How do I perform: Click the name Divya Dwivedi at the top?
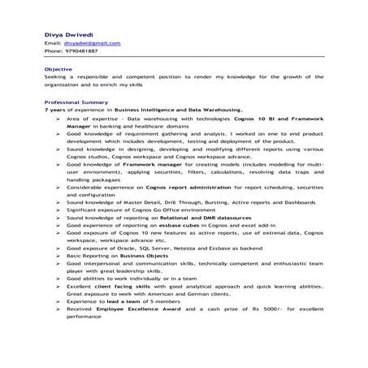coord(69,34)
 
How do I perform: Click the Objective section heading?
coord(58,69)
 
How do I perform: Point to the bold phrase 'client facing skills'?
coord(136,287)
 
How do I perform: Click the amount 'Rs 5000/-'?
coord(280,309)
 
